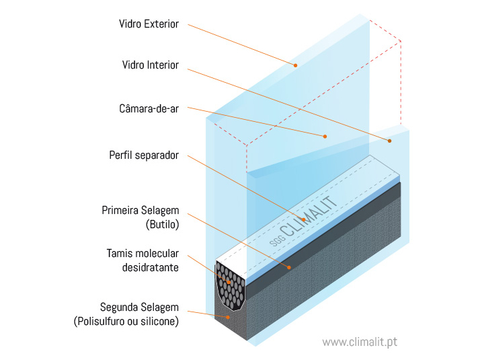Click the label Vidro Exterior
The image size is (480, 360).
(x=149, y=24)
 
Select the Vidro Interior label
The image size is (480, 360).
(x=151, y=65)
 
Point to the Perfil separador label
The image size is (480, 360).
(x=144, y=155)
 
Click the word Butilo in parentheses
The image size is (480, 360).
(x=162, y=225)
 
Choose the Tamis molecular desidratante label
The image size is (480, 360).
(x=143, y=260)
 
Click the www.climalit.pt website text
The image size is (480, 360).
(x=360, y=342)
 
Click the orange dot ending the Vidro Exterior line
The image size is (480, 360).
(x=294, y=65)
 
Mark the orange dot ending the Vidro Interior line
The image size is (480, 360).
(x=389, y=141)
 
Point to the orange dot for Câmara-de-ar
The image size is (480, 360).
(x=325, y=136)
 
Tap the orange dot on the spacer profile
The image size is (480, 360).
(x=303, y=219)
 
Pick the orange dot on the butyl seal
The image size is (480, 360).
(x=290, y=267)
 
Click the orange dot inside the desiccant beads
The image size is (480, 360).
(x=229, y=283)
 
